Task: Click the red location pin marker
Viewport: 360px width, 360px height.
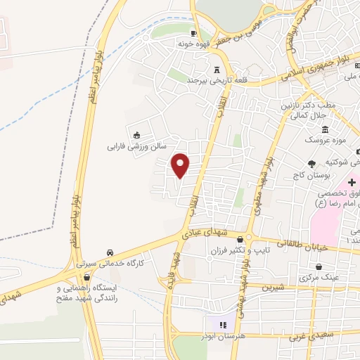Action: click(x=181, y=165)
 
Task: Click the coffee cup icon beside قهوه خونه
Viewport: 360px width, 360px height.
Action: click(x=194, y=33)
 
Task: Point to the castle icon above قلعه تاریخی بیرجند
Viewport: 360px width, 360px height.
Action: click(x=217, y=70)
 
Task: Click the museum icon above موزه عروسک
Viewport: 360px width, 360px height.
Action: click(x=325, y=129)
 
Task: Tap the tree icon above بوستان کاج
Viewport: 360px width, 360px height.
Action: click(x=312, y=163)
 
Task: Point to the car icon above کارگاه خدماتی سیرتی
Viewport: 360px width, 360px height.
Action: click(x=110, y=252)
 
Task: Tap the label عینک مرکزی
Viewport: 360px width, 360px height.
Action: click(x=318, y=278)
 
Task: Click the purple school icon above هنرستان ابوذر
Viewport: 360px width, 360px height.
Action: click(x=223, y=324)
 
